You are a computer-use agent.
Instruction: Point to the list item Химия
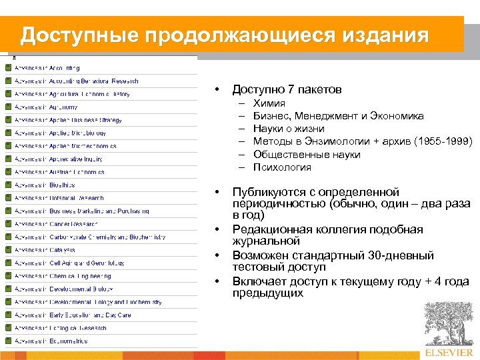[269, 103]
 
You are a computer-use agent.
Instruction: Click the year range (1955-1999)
[443, 141]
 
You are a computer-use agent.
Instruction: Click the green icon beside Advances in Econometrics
[8, 341]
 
